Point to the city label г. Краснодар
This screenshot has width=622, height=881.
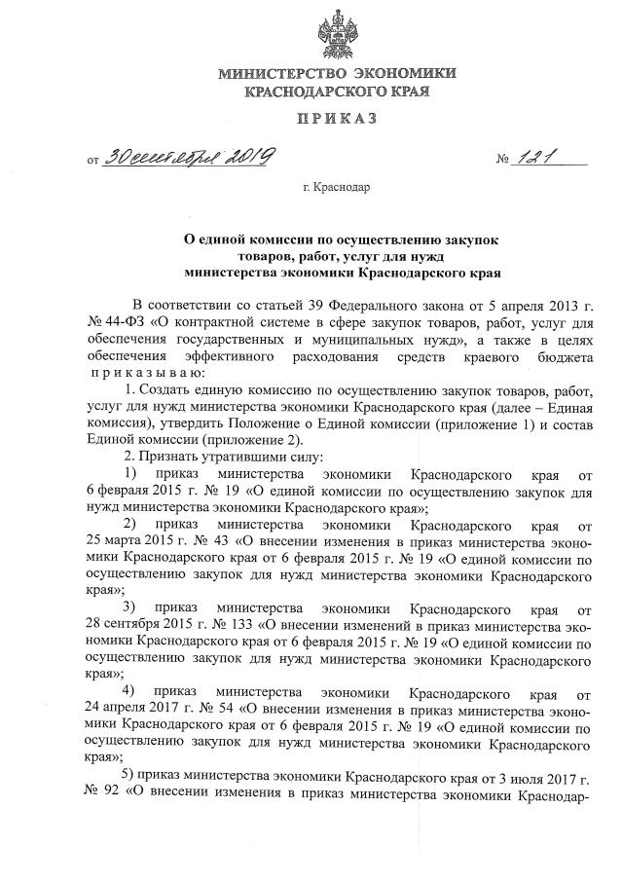[336, 188]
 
